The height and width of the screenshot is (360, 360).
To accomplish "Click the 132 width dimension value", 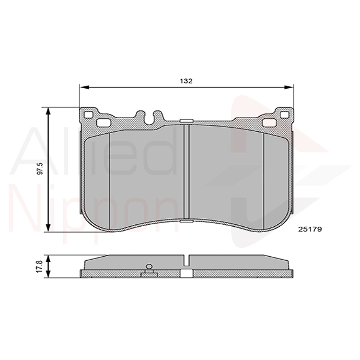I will click(x=186, y=81).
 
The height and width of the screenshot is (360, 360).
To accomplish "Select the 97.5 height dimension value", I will click(x=40, y=170).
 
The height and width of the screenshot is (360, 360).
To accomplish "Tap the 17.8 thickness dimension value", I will click(x=39, y=266).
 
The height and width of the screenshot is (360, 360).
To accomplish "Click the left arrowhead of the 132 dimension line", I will click(x=83, y=87).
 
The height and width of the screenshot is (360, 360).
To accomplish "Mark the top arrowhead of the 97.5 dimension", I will click(x=48, y=110).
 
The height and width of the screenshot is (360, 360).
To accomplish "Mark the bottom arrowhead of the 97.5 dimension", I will click(x=48, y=228).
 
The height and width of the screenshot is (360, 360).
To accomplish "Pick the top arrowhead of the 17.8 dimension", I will click(x=48, y=258).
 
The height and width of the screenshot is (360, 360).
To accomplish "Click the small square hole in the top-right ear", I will click(x=284, y=115).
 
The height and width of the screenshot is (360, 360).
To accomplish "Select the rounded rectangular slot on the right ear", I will click(x=269, y=123).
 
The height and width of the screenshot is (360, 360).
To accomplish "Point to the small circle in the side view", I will click(x=149, y=267).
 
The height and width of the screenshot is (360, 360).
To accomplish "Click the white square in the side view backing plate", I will click(x=186, y=273).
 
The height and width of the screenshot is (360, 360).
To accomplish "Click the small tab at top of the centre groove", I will click(x=186, y=121).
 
